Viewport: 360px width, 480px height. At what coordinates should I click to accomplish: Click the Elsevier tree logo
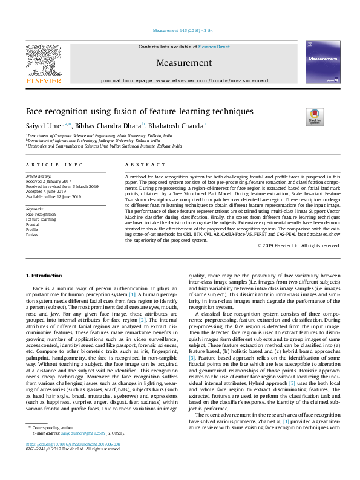pos(43,62)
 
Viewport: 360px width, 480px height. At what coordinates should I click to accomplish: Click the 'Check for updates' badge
pos(315,116)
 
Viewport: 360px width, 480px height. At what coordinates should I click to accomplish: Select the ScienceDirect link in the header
pos(214,47)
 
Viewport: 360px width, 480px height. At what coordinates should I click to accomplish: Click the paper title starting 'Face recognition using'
pos(139,112)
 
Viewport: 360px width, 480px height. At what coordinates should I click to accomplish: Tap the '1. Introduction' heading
pos(45,275)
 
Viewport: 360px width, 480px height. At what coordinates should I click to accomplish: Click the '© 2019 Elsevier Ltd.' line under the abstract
pos(298,245)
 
